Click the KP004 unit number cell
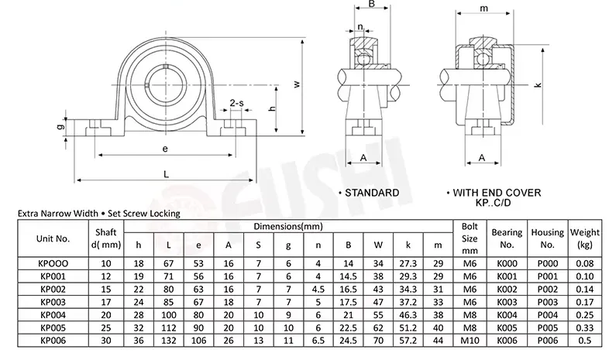coord(53,314)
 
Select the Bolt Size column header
coord(470,238)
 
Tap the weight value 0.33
coord(584,327)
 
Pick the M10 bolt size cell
coord(470,340)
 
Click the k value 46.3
coord(408,314)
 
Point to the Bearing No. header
coord(507,238)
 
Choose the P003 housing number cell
coord(547,302)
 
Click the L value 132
coord(169,340)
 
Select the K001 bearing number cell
coord(507,276)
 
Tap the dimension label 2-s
coord(236,103)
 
